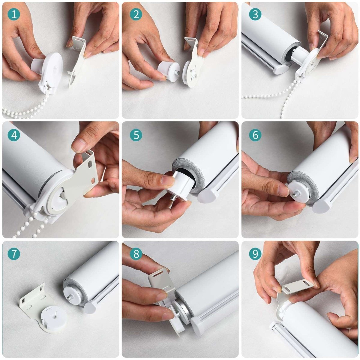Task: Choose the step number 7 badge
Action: [14, 254]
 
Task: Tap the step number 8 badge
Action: [136, 254]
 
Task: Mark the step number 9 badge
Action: [255, 254]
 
